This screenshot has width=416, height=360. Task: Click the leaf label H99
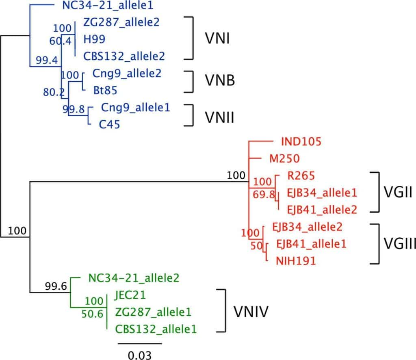point(94,39)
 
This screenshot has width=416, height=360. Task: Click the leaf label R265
point(298,176)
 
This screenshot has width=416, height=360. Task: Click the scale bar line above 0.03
point(140,343)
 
